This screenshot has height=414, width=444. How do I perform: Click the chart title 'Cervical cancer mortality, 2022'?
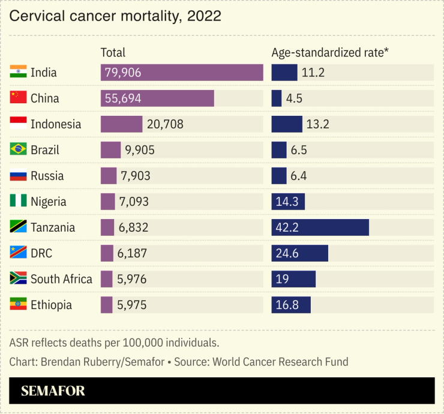coord(115,16)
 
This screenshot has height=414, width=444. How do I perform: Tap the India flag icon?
coord(18,73)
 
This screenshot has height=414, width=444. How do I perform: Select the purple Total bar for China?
coord(157,98)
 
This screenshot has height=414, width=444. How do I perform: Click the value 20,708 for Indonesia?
coord(165,124)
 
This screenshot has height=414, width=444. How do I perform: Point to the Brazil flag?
coord(18,150)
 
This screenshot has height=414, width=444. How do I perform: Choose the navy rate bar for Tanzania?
coord(320,227)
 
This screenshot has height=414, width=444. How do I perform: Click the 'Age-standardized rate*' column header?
coord(330,53)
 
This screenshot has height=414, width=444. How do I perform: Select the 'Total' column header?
coord(113,53)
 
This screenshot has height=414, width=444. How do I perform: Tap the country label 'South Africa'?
coord(61,279)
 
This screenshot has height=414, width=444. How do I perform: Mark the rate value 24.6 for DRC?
coord(288,253)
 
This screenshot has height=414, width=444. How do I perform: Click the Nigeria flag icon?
coord(18,202)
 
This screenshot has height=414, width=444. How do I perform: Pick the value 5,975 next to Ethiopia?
coord(132,305)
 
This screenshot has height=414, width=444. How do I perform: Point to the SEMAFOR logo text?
coord(53,391)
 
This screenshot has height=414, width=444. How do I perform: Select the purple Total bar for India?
coord(182,73)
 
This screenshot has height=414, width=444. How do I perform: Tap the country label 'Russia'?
coord(47,176)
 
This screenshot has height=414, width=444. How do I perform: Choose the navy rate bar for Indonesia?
coord(286,124)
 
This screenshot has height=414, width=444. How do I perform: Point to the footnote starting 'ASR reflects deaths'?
coord(114,343)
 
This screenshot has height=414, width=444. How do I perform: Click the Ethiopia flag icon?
coord(18,305)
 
